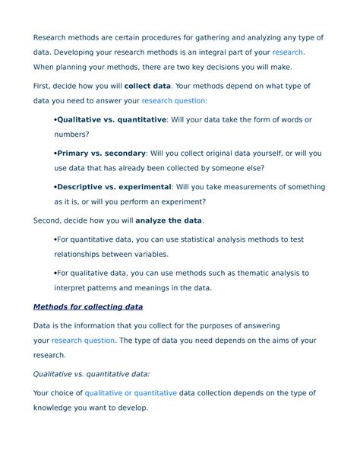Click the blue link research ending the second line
[288, 52]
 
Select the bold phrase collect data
[147, 87]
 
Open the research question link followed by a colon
[172, 100]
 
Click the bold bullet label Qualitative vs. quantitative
[112, 120]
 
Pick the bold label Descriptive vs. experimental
[115, 187]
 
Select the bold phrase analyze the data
[169, 220]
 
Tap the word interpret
[71, 288]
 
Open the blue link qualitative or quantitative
[131, 393]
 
